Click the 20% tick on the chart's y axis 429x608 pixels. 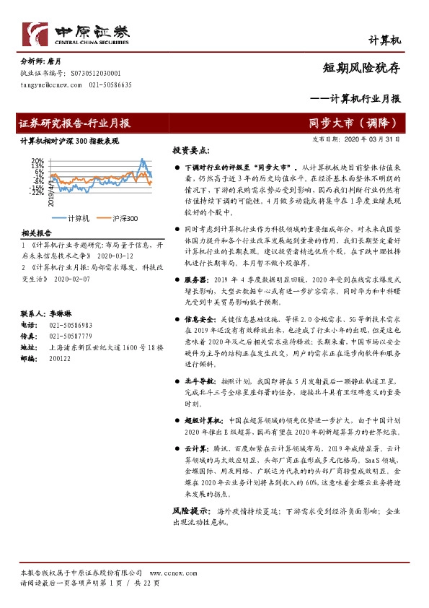[x=36, y=160]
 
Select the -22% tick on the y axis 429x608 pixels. [x=36, y=192]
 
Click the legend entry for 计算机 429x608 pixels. [x=78, y=218]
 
